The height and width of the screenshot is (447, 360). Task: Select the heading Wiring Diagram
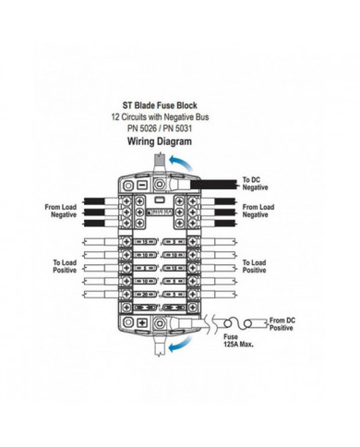159,142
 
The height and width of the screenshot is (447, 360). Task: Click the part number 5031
186,129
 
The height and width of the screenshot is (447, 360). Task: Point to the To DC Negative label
255,183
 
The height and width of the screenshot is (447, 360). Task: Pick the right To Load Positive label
258,266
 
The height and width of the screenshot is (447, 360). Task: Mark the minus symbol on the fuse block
143,184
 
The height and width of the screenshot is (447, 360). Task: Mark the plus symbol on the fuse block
144,323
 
